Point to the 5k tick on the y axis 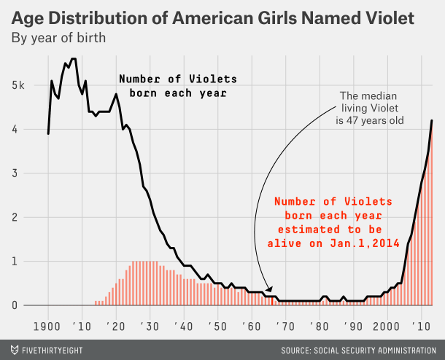coord(19,85)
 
